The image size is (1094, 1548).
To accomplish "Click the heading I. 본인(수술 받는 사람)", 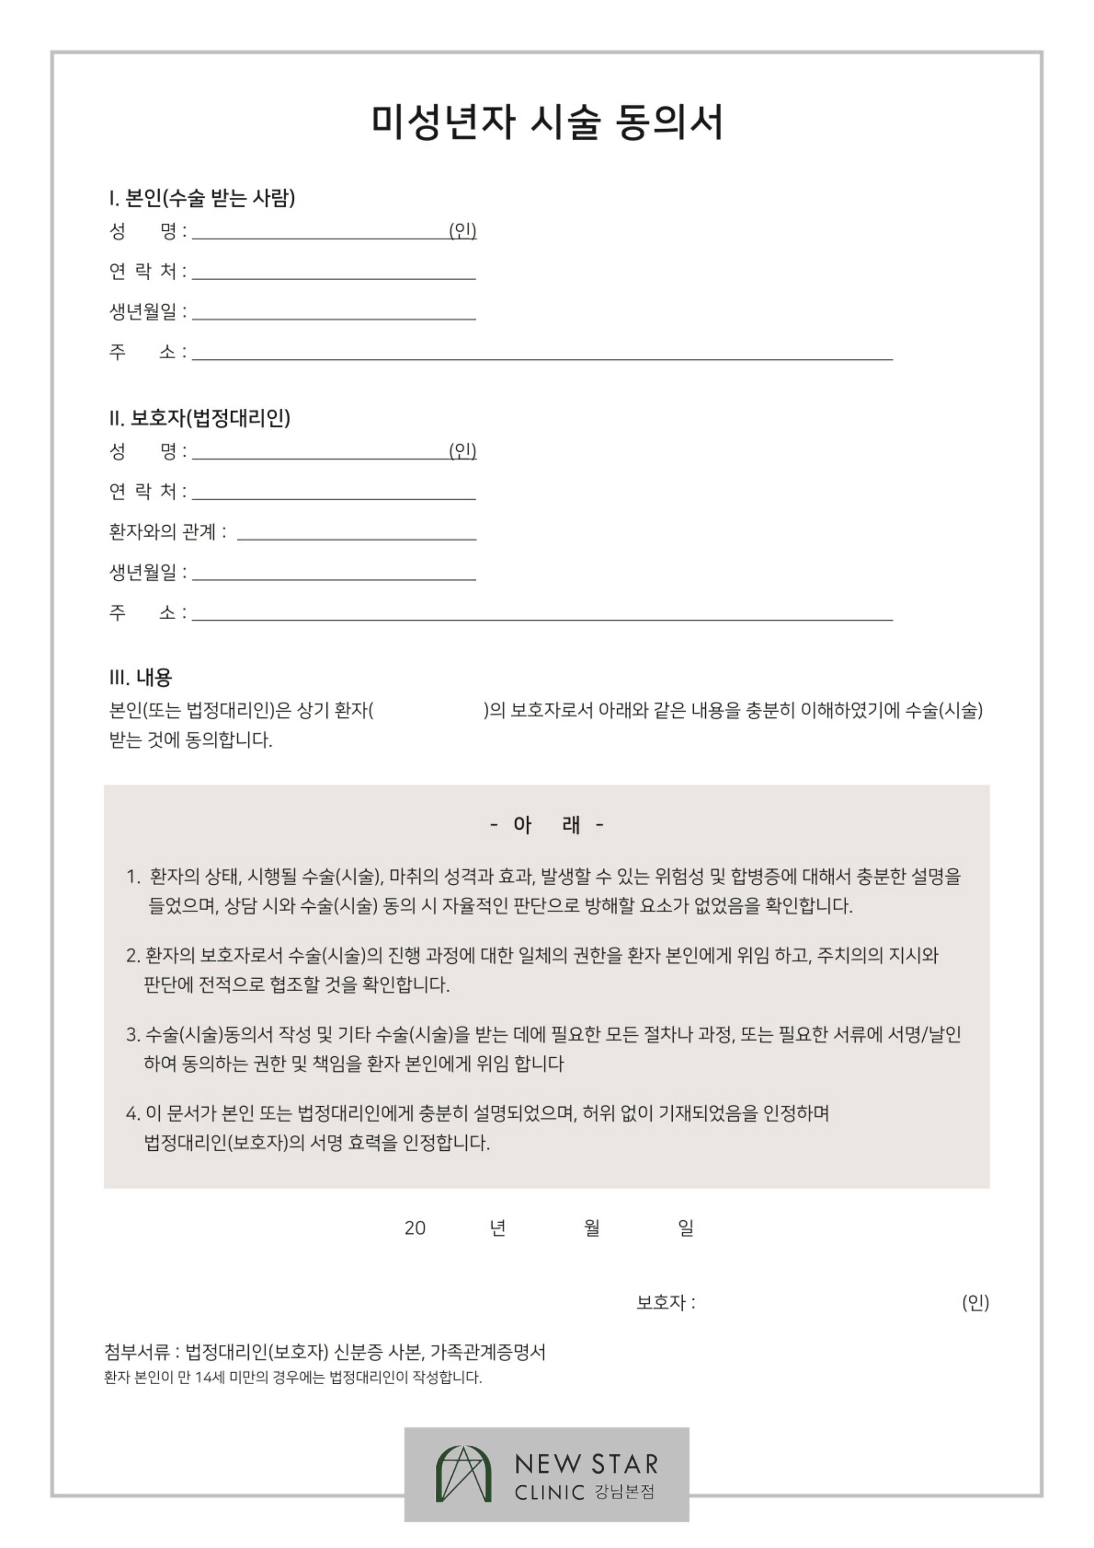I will (202, 198).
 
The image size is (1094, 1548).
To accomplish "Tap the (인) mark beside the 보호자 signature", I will (975, 1302).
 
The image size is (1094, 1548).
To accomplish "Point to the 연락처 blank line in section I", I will (333, 277).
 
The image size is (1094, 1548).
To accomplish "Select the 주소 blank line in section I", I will (542, 358).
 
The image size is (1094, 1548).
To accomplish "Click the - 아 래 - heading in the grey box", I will (547, 825).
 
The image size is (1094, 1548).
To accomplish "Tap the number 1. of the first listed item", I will (133, 877).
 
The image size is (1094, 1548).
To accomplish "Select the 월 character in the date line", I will (591, 1228).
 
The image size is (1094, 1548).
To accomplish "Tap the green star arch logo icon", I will (463, 1474).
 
